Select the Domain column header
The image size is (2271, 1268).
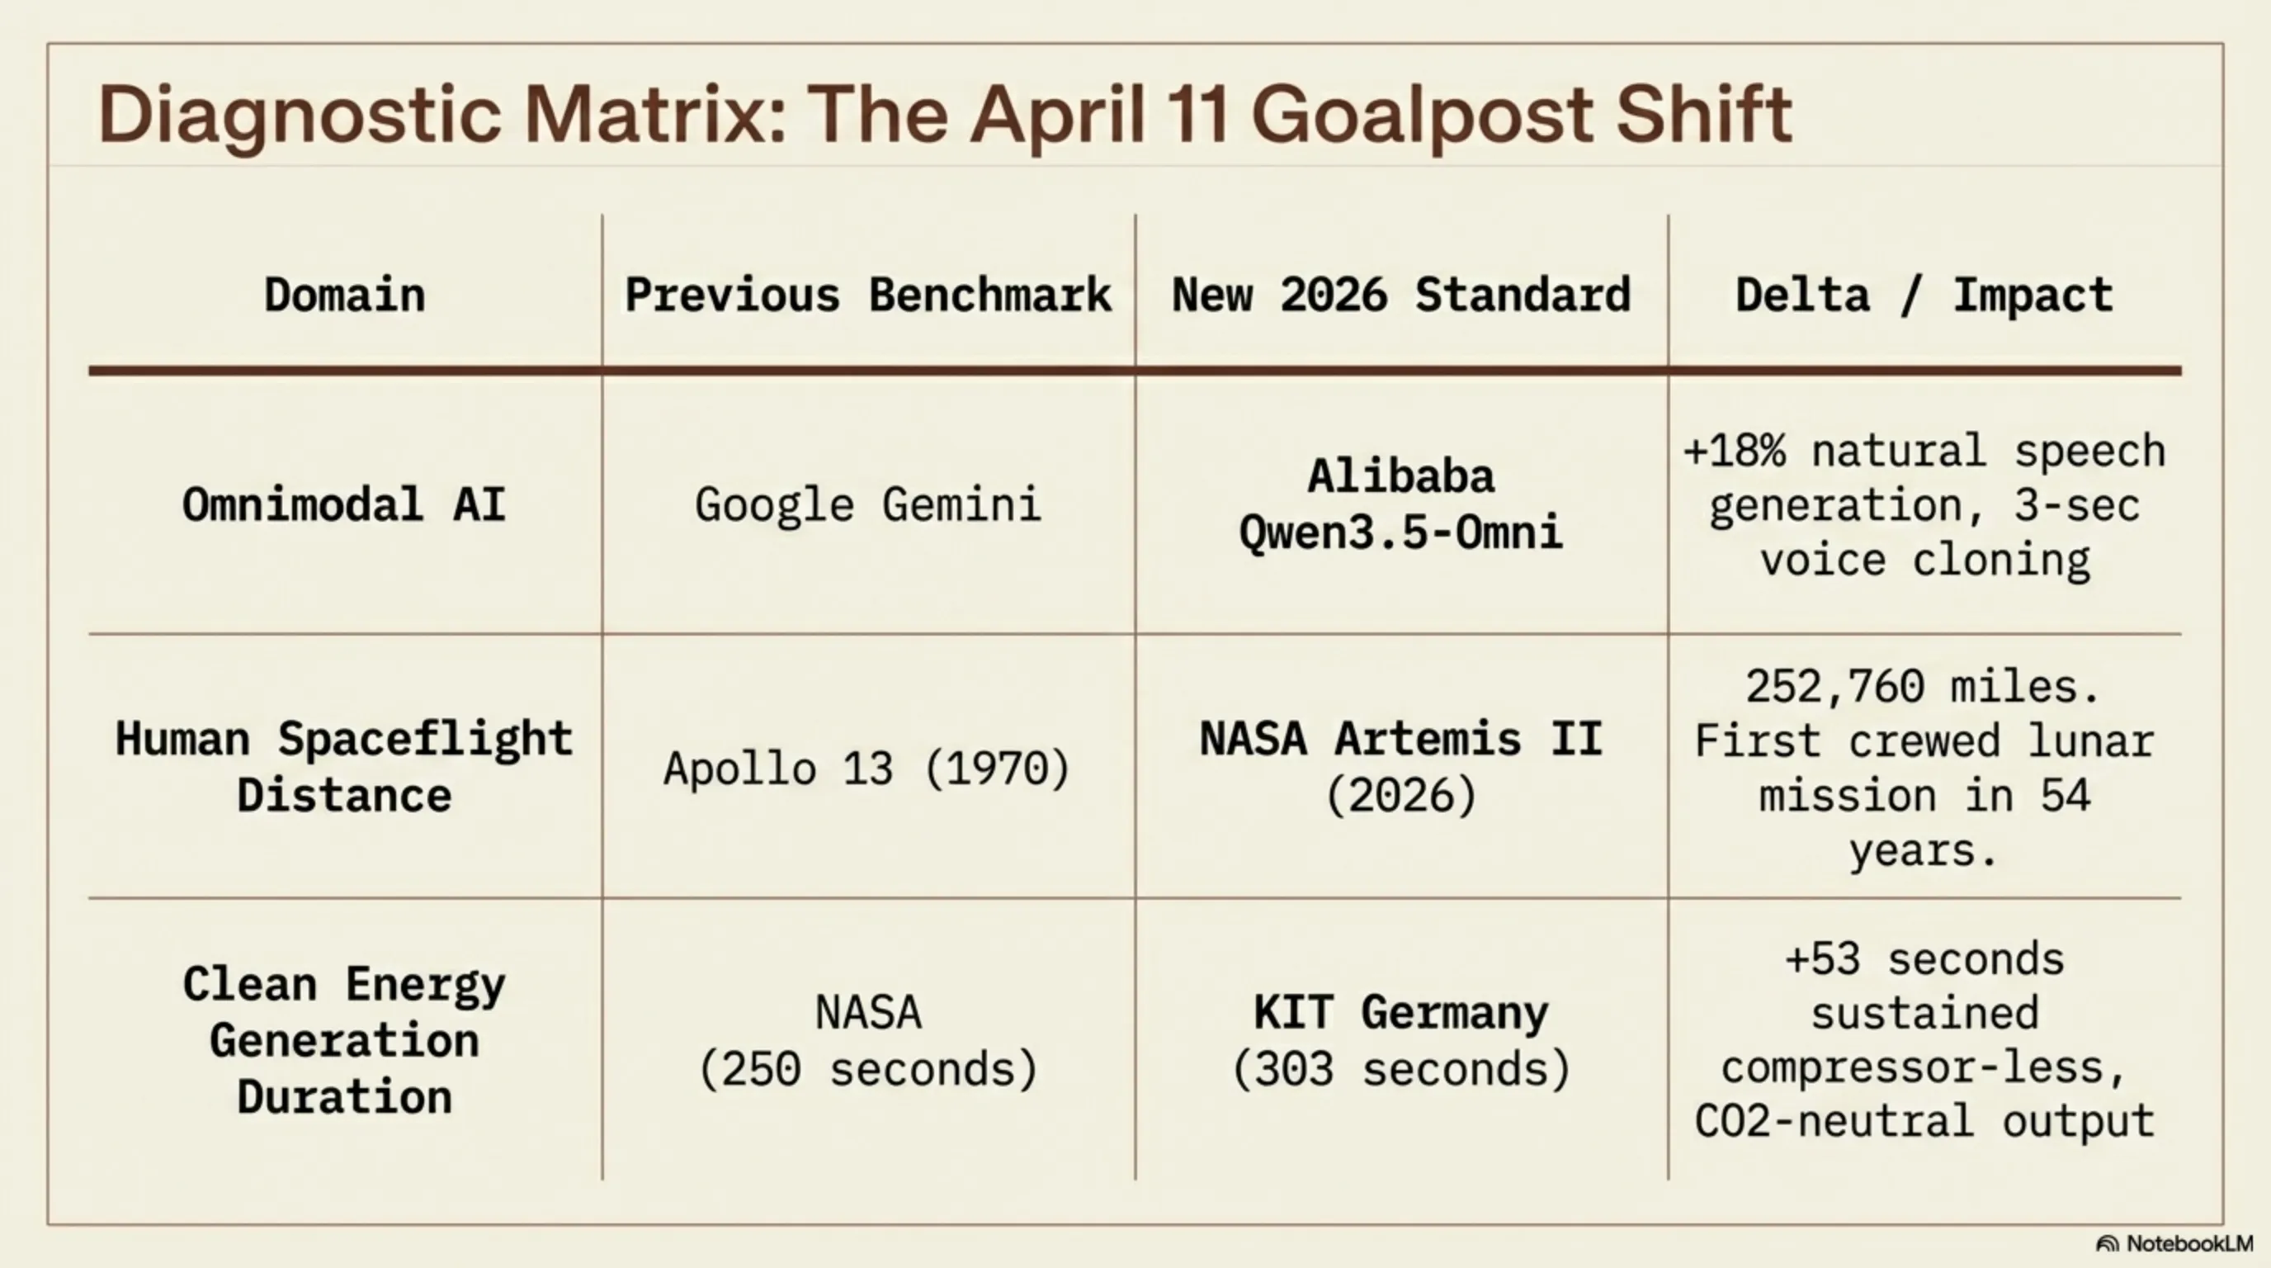(345, 295)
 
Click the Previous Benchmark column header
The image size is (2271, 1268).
(868, 295)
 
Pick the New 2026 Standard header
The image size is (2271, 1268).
(1401, 295)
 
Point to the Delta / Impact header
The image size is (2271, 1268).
(1924, 295)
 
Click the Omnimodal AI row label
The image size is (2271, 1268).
(345, 505)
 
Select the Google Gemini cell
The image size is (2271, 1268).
(868, 505)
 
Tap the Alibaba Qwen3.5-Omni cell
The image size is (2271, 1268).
(1401, 505)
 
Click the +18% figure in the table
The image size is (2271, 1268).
(1734, 452)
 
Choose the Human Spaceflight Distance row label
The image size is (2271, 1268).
(345, 767)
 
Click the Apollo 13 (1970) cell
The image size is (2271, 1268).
(868, 768)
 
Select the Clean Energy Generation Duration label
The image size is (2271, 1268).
(345, 1040)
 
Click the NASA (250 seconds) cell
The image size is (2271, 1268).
(868, 1040)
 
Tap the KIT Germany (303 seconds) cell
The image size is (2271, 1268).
(1401, 1040)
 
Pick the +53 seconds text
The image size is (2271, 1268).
(1924, 959)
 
